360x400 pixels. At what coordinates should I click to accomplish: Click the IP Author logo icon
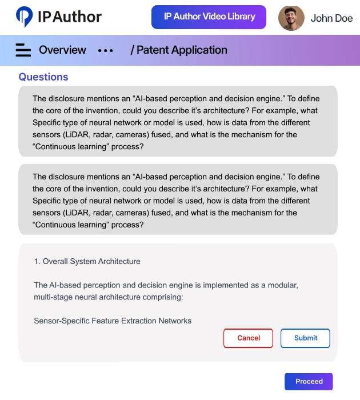click(25, 17)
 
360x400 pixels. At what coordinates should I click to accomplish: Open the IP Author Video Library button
click(209, 17)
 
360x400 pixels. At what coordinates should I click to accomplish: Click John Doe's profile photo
click(291, 18)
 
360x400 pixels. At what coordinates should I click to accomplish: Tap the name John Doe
click(331, 18)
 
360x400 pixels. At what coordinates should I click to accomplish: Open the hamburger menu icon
click(23, 50)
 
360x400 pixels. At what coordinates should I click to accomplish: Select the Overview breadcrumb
click(62, 50)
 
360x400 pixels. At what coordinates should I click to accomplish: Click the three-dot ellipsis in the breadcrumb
click(106, 50)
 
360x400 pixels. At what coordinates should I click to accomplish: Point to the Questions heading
click(43, 77)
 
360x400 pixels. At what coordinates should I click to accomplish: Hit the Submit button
click(305, 338)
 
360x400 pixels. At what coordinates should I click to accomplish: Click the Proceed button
click(309, 382)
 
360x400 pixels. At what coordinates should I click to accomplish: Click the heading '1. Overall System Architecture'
click(87, 262)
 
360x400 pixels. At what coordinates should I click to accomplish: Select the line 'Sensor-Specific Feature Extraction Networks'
click(113, 321)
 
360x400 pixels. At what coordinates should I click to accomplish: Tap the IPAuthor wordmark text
click(70, 17)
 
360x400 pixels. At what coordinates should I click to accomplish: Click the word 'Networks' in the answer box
click(175, 321)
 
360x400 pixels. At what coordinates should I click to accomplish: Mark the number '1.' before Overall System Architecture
click(37, 262)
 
